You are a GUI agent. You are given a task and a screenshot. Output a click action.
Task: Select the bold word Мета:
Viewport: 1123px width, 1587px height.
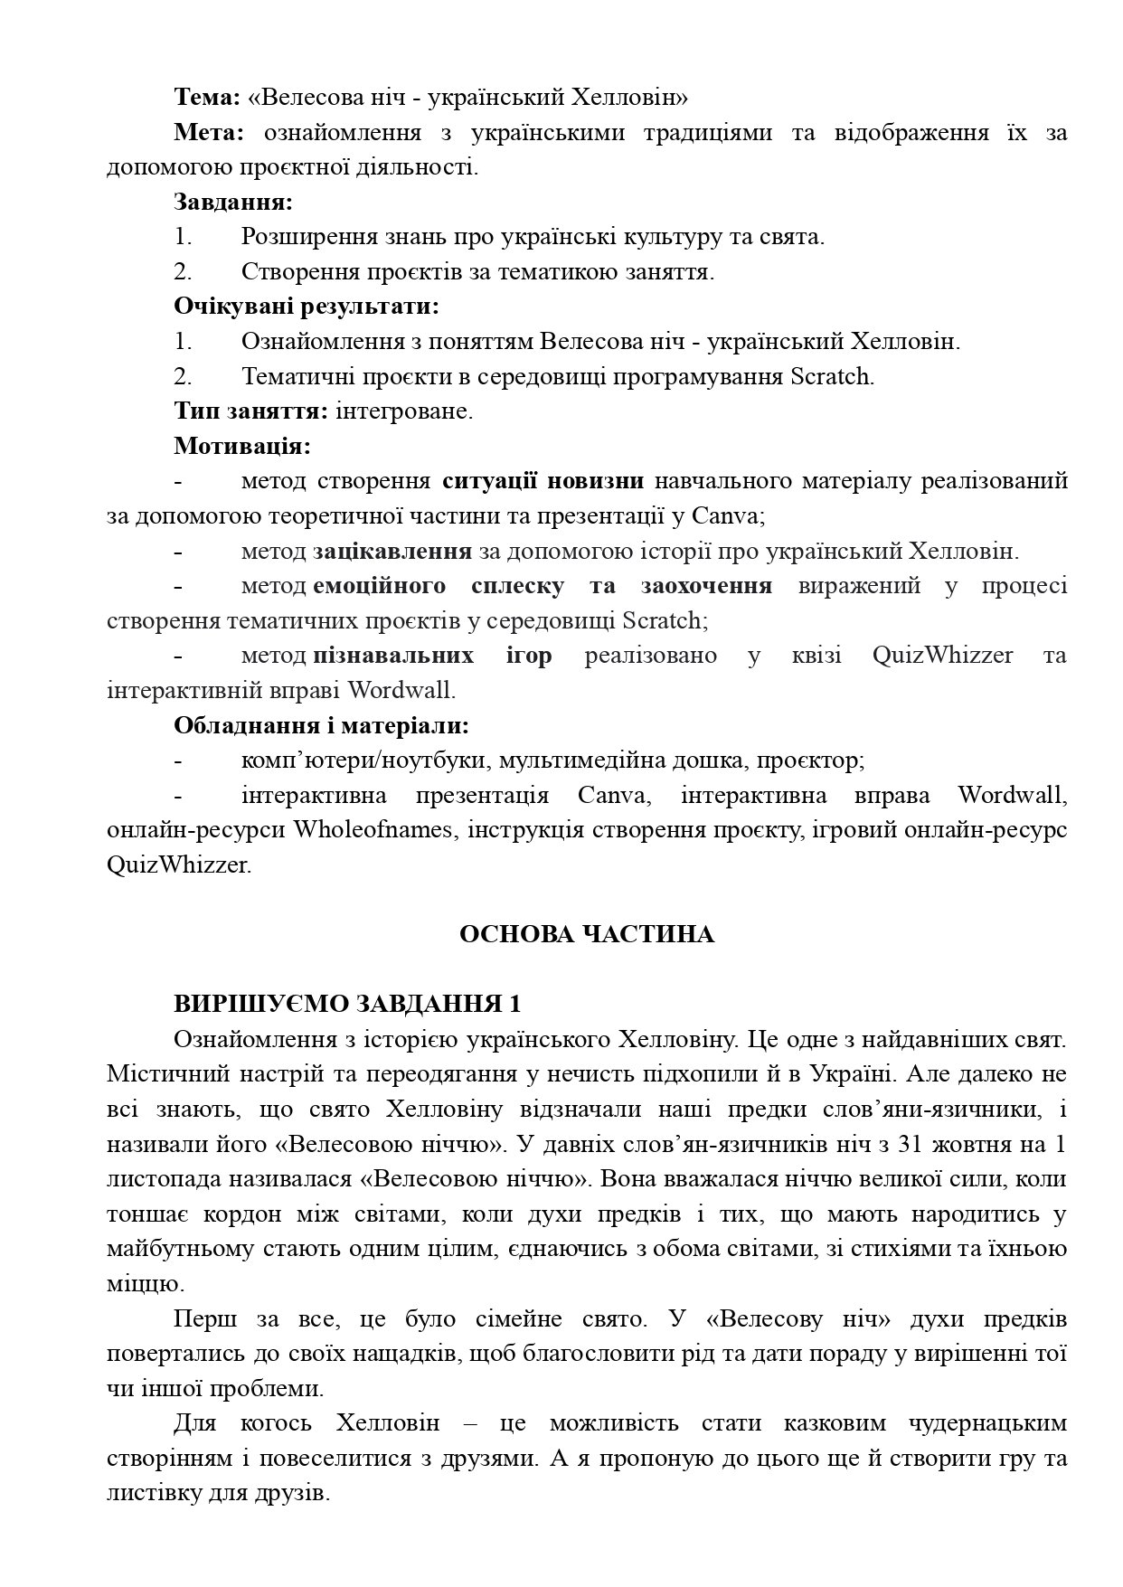(x=209, y=132)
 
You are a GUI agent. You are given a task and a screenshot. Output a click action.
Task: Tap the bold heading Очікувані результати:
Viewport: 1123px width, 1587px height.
(x=307, y=307)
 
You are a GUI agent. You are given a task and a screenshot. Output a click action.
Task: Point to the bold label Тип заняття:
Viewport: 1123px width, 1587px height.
(x=251, y=411)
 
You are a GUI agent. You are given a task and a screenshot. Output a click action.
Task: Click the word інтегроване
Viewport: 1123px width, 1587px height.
(x=404, y=411)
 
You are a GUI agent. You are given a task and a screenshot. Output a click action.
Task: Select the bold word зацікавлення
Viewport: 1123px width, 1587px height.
(x=392, y=551)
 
